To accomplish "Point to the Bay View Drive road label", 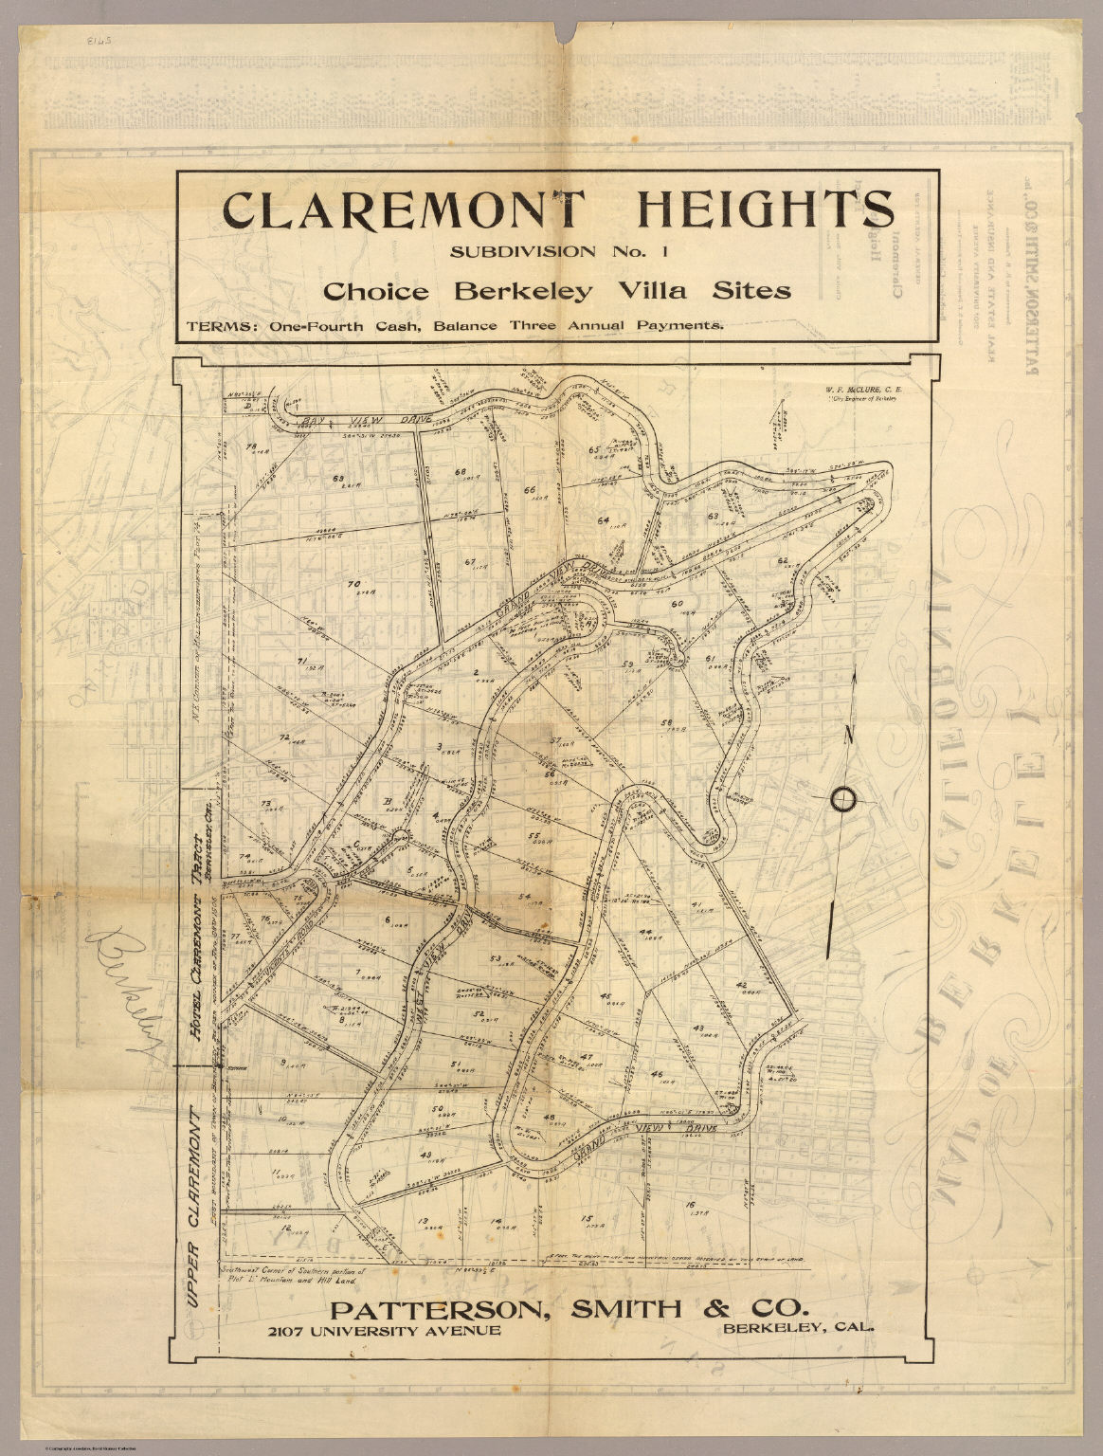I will tap(365, 420).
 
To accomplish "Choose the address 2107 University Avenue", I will tap(384, 1331).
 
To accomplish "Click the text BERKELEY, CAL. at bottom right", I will tap(798, 1328).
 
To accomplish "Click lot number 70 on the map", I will tap(354, 584).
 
